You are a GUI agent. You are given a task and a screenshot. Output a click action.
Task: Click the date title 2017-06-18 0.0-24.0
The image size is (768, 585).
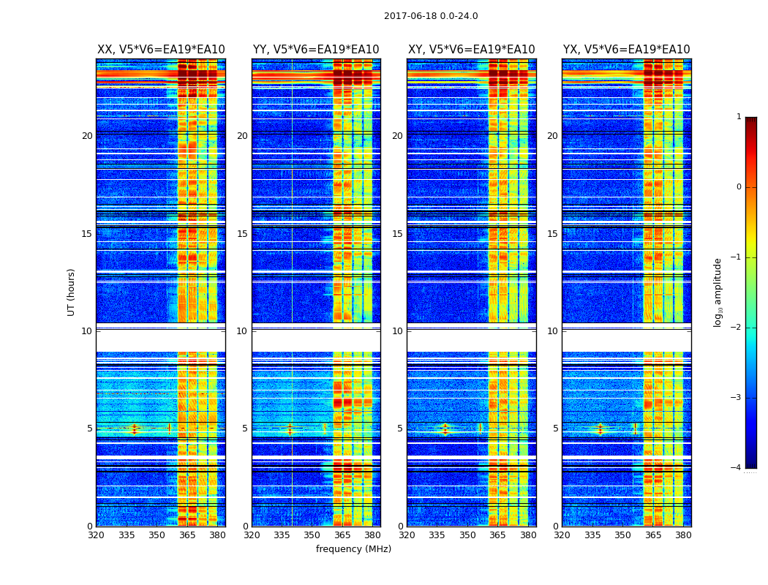431,16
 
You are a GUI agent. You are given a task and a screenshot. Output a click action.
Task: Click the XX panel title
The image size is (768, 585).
161,50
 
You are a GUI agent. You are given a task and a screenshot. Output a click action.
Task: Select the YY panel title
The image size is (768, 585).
316,50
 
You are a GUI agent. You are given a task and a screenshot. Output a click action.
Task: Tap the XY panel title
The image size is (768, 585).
471,50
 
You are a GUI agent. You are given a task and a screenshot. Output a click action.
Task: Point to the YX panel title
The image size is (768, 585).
626,50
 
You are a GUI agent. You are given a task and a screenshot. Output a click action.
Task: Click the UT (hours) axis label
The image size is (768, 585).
72,292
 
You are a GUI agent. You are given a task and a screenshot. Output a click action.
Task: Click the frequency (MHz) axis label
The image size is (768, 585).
353,549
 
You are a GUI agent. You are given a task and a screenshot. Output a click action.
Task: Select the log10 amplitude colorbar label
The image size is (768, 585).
718,292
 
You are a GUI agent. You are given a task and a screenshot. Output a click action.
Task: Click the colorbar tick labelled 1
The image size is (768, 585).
739,117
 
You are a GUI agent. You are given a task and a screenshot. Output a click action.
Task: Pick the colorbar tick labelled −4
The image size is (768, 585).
737,468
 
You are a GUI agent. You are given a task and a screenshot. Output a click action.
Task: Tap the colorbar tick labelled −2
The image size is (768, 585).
737,328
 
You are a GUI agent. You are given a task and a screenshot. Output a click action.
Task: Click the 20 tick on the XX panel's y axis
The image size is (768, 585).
87,136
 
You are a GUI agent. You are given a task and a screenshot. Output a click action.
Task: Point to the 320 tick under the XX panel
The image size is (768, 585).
96,535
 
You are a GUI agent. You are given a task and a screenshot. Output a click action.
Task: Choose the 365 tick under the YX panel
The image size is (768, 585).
652,535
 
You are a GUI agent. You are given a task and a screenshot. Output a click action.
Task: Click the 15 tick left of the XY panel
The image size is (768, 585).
397,234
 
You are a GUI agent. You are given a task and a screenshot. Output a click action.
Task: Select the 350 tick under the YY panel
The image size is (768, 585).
312,535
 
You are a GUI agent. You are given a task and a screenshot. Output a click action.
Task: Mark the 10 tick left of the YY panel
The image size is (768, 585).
242,331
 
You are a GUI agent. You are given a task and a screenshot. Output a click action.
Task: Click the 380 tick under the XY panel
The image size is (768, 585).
528,535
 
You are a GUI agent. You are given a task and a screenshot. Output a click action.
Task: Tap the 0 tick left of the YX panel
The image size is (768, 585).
555,526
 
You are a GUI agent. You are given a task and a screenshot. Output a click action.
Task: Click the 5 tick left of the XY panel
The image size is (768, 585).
400,429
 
